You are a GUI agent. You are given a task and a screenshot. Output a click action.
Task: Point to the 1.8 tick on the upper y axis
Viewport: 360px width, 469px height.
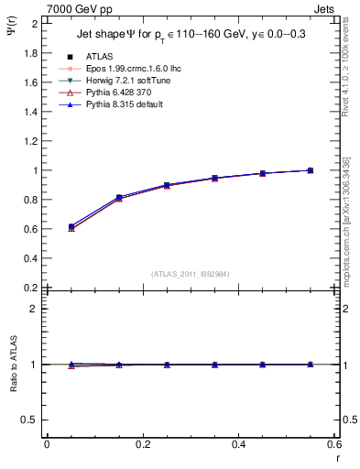(32, 53)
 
